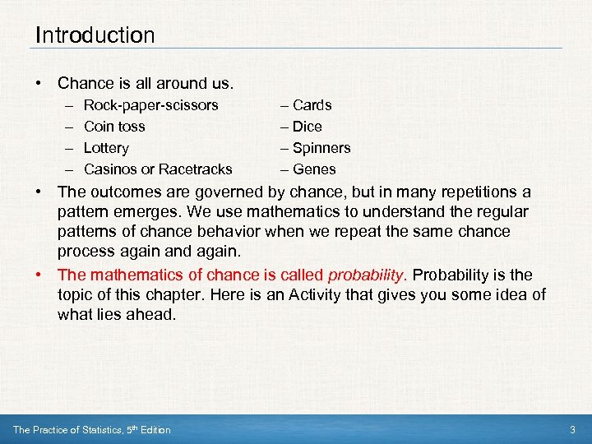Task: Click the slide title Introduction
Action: (95, 35)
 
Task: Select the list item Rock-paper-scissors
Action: (151, 105)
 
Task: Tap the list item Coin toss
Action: (114, 127)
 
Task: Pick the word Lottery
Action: (106, 148)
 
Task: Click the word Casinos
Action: (111, 169)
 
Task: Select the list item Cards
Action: (312, 105)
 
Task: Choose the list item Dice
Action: (307, 127)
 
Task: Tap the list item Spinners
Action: (321, 148)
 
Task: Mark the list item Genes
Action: (314, 169)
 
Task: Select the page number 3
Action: (572, 430)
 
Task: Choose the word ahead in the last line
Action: (153, 315)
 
